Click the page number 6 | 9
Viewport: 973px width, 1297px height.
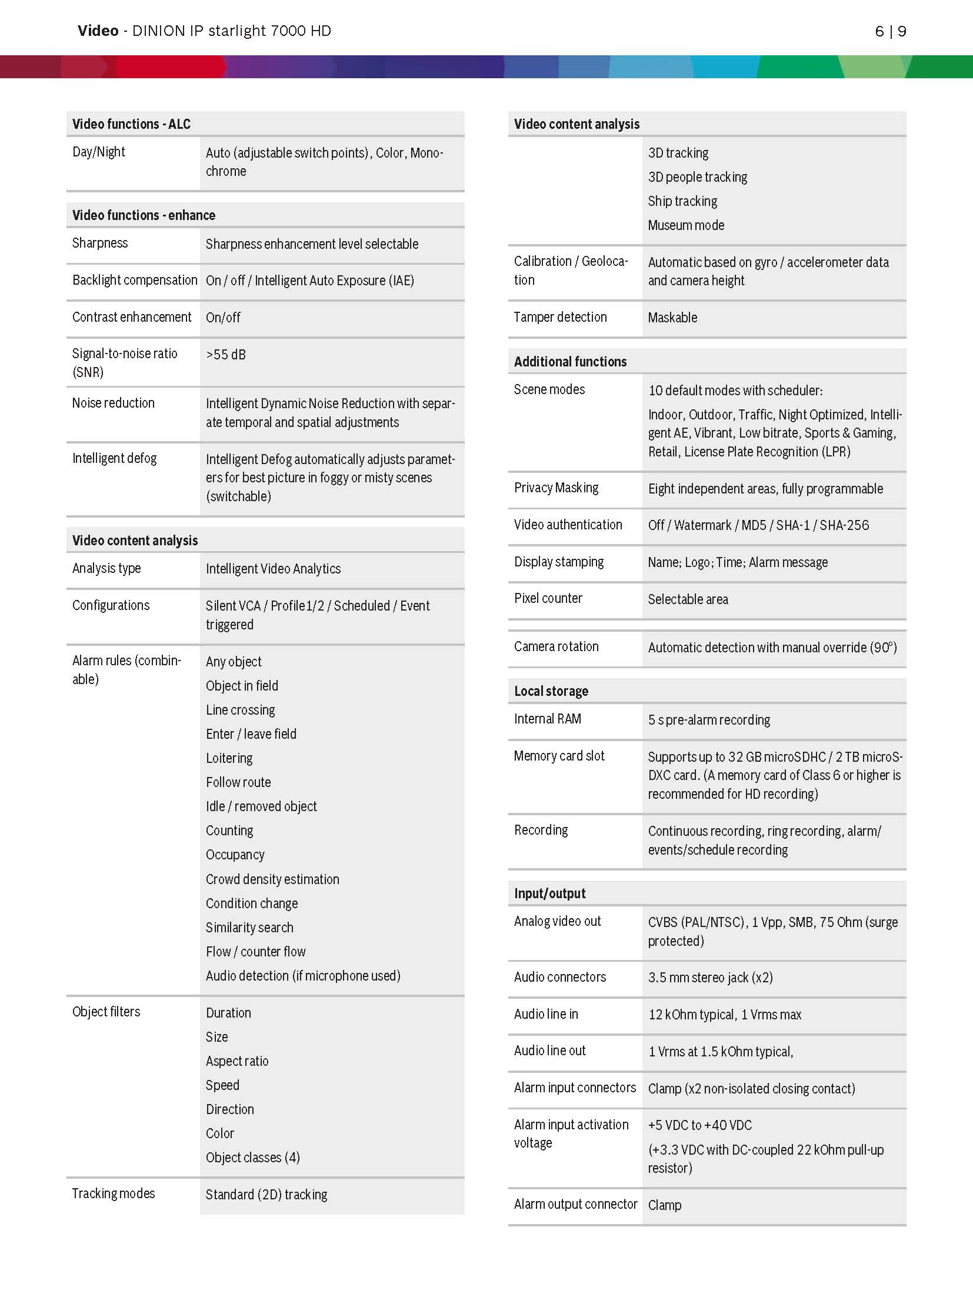click(x=890, y=31)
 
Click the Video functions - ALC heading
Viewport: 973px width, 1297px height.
click(x=131, y=124)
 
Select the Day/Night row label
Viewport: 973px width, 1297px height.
click(x=98, y=152)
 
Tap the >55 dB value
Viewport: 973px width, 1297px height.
click(x=226, y=355)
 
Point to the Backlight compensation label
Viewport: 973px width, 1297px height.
click(x=135, y=280)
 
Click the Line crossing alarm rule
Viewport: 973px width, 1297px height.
click(x=240, y=710)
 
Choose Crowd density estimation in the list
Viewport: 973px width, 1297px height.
click(x=272, y=879)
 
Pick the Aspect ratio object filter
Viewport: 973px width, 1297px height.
click(x=237, y=1061)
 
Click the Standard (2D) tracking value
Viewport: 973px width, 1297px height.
click(x=266, y=1195)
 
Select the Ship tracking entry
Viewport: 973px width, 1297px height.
click(x=682, y=201)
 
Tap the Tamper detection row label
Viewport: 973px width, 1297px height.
click(x=560, y=317)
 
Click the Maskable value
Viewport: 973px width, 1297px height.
click(x=672, y=318)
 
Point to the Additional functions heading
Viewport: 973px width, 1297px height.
click(x=570, y=362)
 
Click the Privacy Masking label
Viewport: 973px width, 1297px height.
click(x=556, y=488)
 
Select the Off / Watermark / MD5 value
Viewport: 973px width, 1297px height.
click(x=758, y=525)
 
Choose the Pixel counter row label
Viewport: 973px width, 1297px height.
click(x=548, y=598)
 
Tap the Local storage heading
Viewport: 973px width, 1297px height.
click(x=551, y=691)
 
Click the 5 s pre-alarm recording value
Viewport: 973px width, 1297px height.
click(x=709, y=720)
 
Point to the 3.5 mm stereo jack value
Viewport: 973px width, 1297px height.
click(x=710, y=978)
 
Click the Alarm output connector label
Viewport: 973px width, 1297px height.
click(x=575, y=1204)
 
